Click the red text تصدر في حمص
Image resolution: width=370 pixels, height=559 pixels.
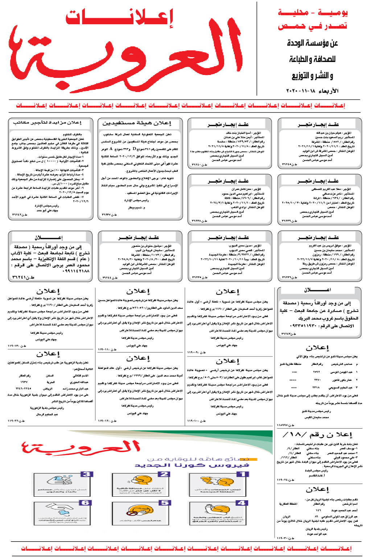[313, 26]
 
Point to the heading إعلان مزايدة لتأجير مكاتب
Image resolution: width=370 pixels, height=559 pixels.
[47, 123]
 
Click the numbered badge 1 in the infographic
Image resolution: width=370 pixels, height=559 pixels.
[244, 474]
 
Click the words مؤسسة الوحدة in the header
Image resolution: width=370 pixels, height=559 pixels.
[313, 43]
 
